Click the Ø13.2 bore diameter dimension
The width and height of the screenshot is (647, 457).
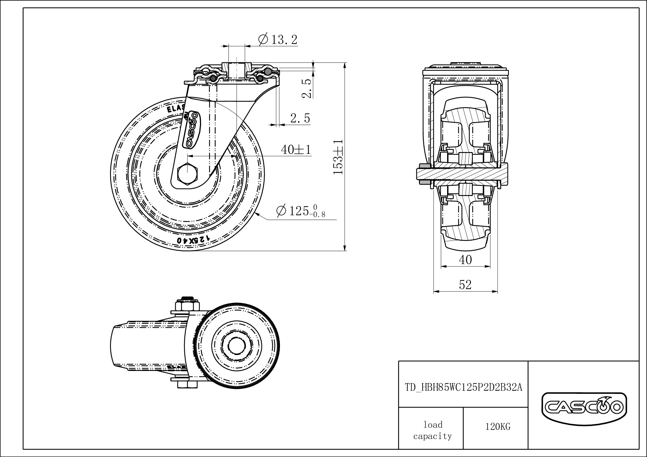[278, 40]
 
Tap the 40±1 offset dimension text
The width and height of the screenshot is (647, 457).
[296, 150]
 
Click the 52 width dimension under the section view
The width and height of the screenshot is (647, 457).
[465, 285]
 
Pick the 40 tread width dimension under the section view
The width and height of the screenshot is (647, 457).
[465, 260]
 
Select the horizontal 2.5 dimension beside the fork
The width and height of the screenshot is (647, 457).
[300, 118]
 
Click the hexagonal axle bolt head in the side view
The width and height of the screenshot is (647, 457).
[187, 174]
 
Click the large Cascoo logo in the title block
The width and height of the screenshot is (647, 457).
[584, 407]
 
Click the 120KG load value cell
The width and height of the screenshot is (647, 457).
[498, 427]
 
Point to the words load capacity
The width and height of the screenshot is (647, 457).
[432, 430]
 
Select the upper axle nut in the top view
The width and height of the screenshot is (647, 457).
[187, 306]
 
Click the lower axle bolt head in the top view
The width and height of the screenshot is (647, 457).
[187, 384]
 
